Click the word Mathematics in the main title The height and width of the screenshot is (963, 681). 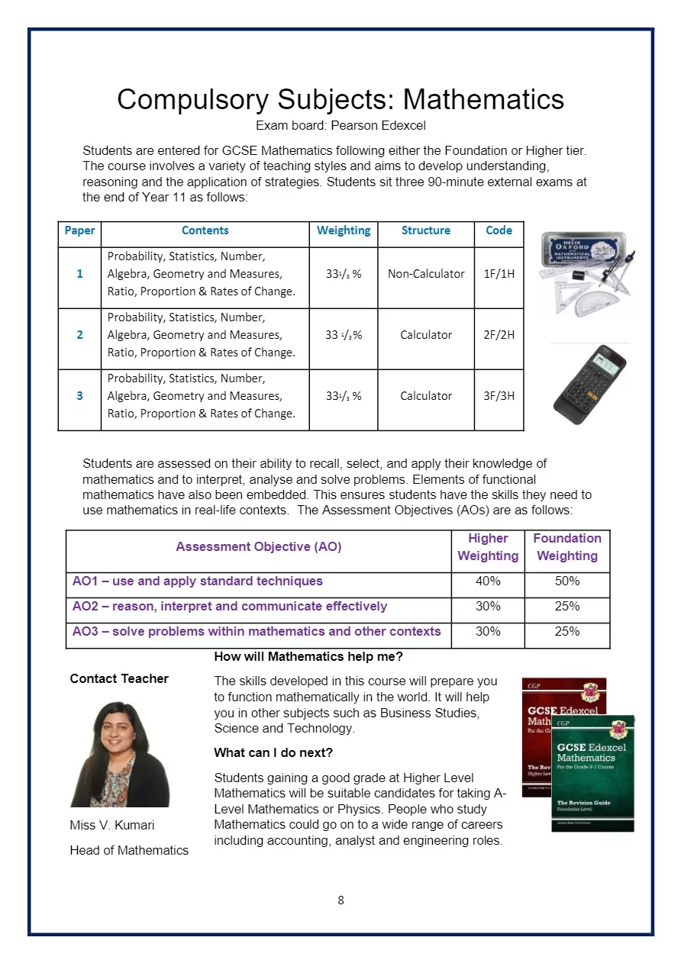(x=483, y=100)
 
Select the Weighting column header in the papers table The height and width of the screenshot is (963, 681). (x=344, y=230)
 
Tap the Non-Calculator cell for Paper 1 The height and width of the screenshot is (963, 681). (x=426, y=274)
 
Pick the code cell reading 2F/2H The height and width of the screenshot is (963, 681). (x=499, y=335)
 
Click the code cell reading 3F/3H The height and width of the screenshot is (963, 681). (x=499, y=396)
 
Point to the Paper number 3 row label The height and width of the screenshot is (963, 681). (x=79, y=396)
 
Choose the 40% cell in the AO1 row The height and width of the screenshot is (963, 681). (x=488, y=581)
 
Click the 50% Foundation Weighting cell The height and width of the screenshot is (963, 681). (x=567, y=581)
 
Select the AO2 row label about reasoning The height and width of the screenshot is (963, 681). (x=230, y=607)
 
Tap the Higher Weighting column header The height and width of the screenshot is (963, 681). (x=488, y=547)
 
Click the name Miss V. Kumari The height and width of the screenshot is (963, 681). (x=112, y=826)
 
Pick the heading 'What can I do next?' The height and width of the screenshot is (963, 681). (x=273, y=753)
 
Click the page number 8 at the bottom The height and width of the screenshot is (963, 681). (x=340, y=900)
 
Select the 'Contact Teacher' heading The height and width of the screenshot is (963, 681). (x=119, y=679)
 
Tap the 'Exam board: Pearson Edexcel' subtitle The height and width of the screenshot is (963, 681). (x=340, y=125)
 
